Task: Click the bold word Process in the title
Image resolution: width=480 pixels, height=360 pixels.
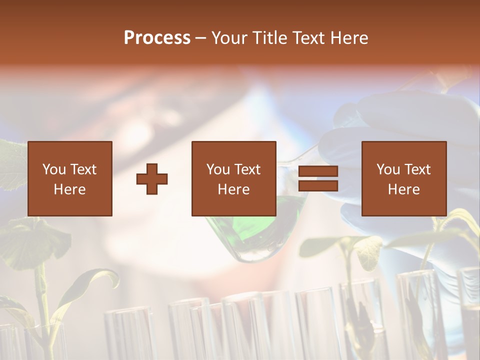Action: [157, 37]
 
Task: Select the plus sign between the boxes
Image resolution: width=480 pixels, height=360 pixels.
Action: [152, 178]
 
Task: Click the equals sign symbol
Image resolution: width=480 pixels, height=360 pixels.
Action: [318, 178]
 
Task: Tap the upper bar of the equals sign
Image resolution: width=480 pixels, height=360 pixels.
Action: [318, 171]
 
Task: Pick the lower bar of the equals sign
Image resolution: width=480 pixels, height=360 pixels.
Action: [318, 186]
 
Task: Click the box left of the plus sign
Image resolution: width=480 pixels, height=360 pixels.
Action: [69, 178]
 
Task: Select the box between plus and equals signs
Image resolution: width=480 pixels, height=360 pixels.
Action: [233, 178]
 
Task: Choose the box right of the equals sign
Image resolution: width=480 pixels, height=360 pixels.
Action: [403, 178]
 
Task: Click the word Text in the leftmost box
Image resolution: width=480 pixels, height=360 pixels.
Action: [83, 169]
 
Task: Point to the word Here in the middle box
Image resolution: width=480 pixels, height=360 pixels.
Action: [233, 189]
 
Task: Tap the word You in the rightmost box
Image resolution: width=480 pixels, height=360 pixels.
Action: [388, 169]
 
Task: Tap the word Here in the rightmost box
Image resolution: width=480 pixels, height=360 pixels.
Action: [403, 189]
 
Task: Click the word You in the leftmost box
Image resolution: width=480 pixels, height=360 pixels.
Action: [54, 169]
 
